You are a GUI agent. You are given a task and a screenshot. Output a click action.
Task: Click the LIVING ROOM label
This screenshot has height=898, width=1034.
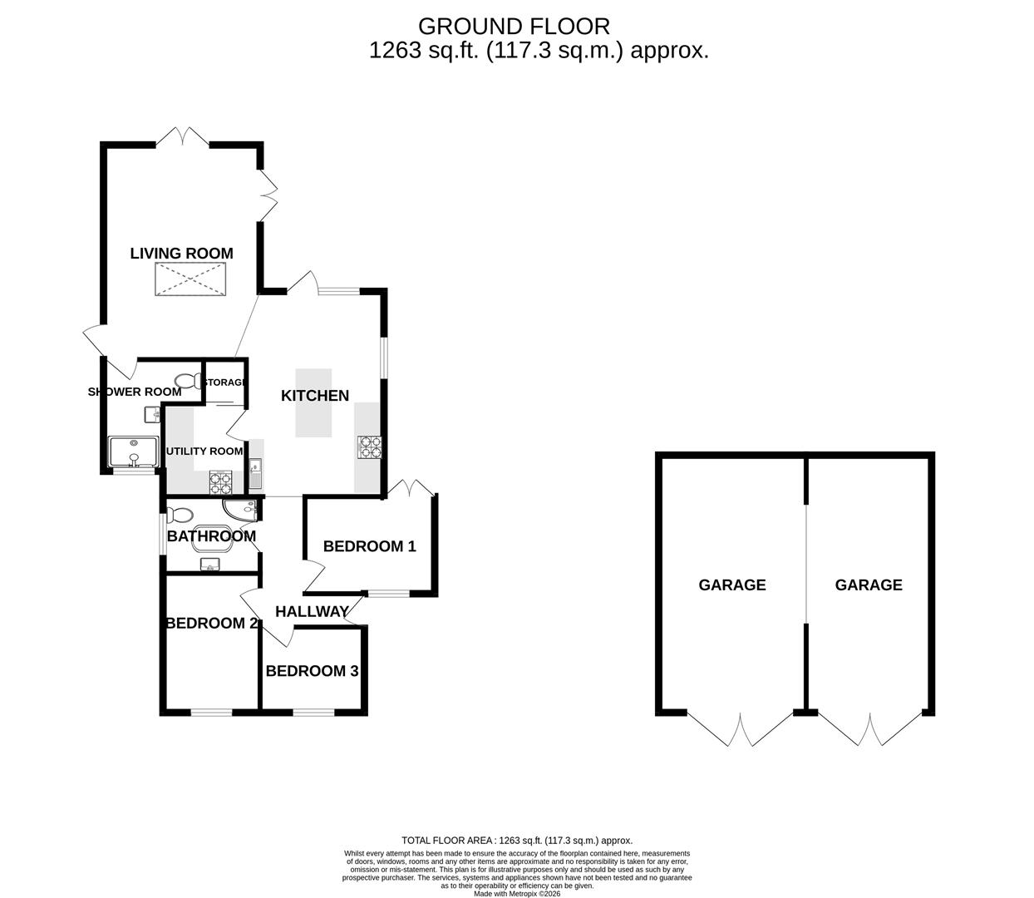point(181,254)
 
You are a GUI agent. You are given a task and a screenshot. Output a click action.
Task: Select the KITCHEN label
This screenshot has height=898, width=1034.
point(315,396)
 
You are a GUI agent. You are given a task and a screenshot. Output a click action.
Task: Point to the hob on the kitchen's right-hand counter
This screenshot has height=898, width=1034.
point(370,448)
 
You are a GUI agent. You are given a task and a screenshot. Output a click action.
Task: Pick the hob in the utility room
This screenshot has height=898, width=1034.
point(220,481)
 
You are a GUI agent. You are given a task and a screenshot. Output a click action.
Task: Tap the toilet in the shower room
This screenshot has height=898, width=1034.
point(190,381)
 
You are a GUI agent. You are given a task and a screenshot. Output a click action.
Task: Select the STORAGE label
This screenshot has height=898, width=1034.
point(225,382)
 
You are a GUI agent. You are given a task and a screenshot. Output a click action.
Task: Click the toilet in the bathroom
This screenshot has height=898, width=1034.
point(180,515)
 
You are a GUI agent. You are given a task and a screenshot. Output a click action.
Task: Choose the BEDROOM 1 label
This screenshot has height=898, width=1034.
point(369,546)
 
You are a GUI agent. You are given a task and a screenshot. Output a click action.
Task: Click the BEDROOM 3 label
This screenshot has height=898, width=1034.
point(312,671)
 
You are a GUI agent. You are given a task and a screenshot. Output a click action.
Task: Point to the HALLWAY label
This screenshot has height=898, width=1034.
point(312,612)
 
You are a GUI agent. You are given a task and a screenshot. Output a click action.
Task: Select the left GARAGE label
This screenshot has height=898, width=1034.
point(731,585)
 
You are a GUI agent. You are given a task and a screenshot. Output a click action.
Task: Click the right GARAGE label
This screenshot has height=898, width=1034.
point(869,585)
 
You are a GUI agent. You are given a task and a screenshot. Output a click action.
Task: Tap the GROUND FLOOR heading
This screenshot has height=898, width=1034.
point(514,27)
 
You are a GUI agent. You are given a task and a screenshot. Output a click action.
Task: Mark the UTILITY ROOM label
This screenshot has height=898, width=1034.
point(204,451)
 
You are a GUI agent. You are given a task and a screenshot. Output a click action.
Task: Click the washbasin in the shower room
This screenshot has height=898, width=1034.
point(152,413)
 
